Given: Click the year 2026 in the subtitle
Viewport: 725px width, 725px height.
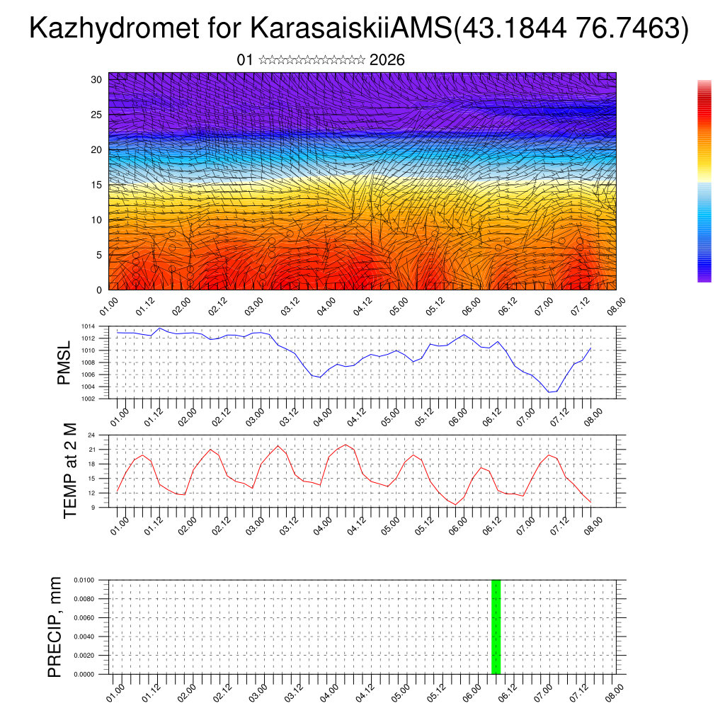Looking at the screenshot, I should (x=387, y=60).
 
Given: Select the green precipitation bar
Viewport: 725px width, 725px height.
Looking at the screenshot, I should (x=496, y=627).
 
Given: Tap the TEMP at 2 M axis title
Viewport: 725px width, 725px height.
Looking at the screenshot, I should (x=70, y=470).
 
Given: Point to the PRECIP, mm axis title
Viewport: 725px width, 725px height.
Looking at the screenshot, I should (x=55, y=627).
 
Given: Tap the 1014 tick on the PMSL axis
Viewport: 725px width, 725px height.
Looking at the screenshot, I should (x=87, y=326).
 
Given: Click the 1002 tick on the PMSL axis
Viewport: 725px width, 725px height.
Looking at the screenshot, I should (x=87, y=399).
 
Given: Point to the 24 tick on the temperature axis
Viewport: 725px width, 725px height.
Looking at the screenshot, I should (x=91, y=435).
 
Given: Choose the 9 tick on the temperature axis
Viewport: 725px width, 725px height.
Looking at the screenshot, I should (x=93, y=507).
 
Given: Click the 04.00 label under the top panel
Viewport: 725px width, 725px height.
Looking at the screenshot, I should (x=326, y=307).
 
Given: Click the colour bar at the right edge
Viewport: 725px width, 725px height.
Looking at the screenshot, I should (x=704, y=181).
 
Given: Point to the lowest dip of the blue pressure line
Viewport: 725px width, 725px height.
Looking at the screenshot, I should (x=549, y=392).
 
